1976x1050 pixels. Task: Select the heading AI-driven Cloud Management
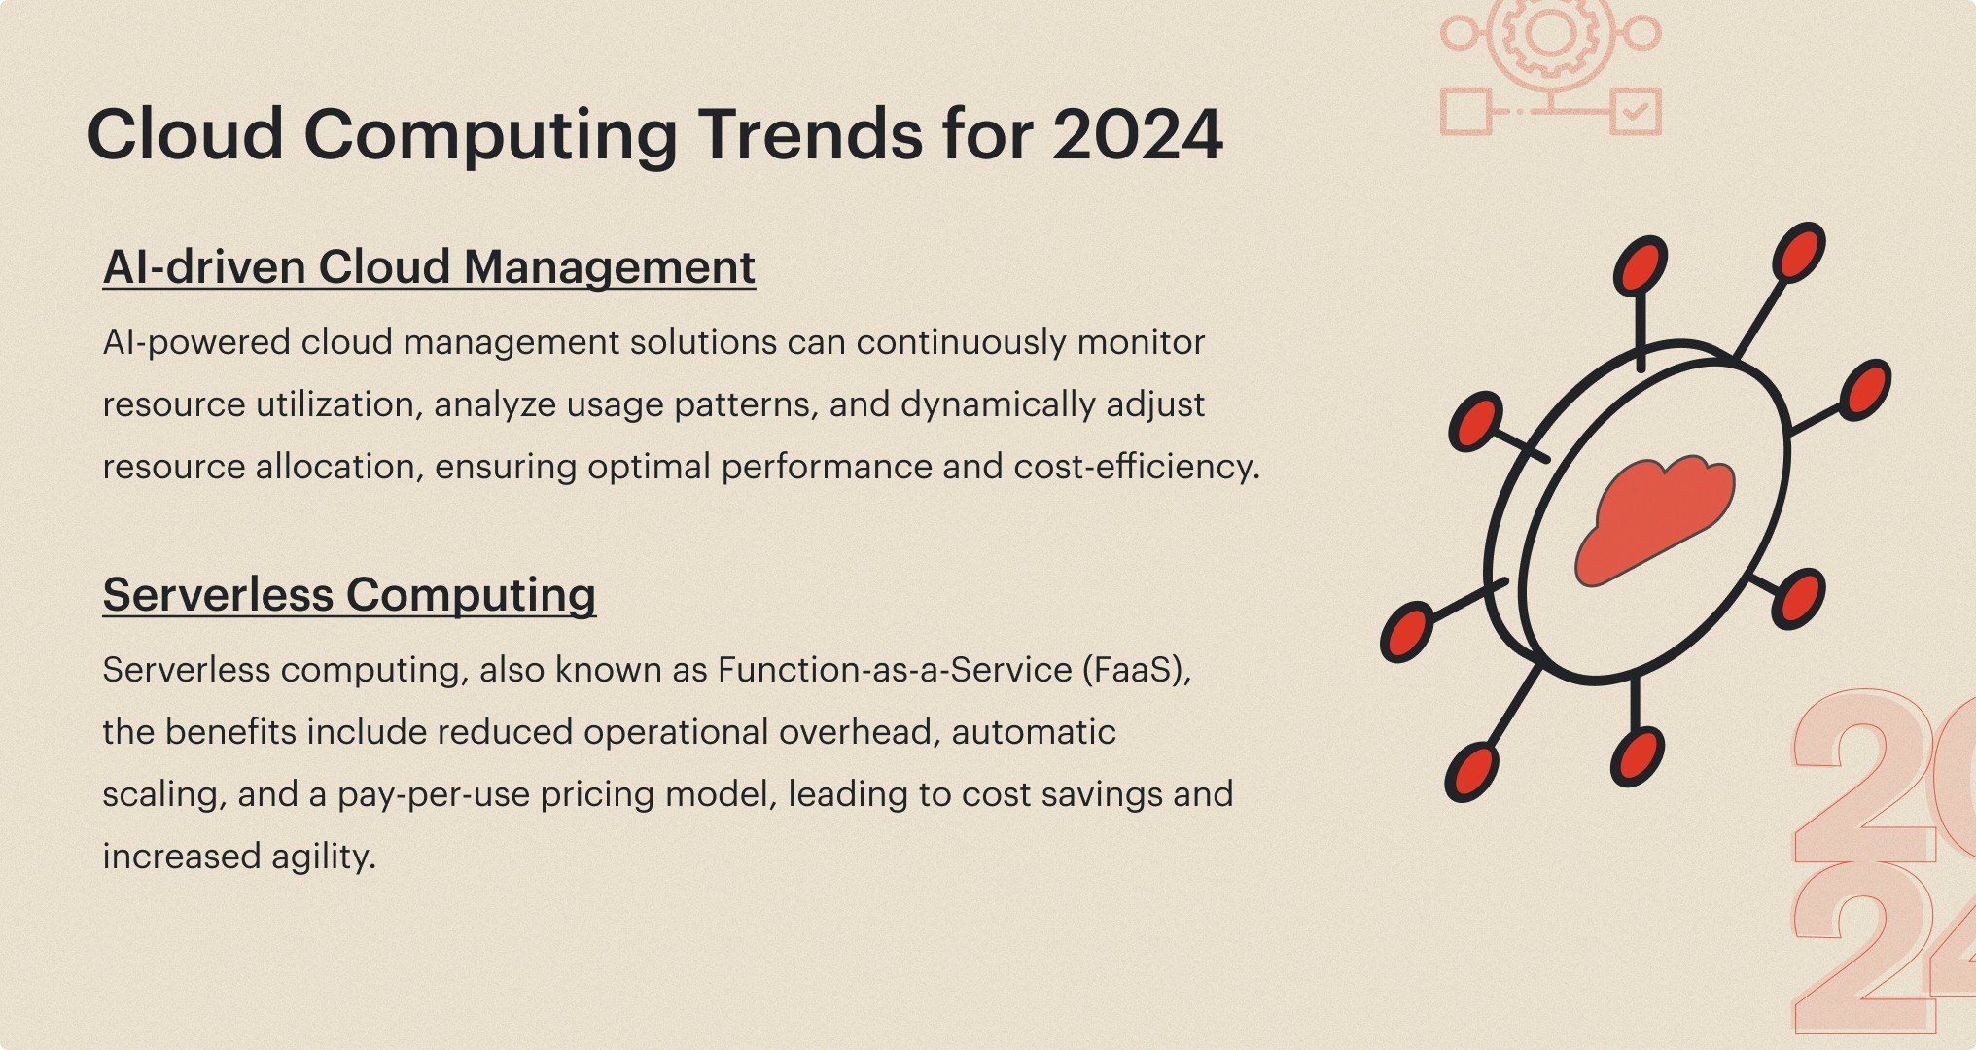(x=429, y=267)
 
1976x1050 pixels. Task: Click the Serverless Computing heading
(x=349, y=595)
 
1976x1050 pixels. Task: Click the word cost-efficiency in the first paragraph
(x=1137, y=467)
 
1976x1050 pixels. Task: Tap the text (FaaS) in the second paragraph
(x=1137, y=670)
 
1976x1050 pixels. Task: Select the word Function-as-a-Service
(x=895, y=670)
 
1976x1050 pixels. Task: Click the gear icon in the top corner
(x=1550, y=34)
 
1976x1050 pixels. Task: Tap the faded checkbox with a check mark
(x=1635, y=112)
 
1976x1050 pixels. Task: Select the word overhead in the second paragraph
(x=855, y=732)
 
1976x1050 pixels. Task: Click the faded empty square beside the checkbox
(x=1465, y=112)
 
